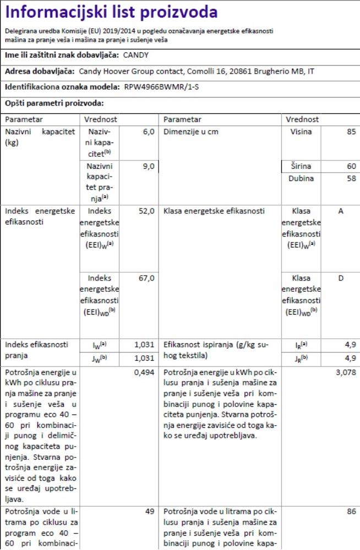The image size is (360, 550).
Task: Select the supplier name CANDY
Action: click(x=135, y=56)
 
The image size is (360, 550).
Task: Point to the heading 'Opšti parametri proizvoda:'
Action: click(x=54, y=103)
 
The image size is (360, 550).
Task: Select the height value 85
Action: click(x=351, y=132)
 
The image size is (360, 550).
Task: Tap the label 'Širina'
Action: click(x=301, y=166)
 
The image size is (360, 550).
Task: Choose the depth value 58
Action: click(x=351, y=179)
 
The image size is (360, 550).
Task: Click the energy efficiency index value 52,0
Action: click(x=146, y=211)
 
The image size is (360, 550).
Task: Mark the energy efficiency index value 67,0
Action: click(x=146, y=278)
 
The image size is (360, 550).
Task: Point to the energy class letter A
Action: click(x=341, y=211)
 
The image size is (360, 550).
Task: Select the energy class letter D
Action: click(x=341, y=278)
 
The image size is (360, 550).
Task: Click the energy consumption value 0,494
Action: click(x=144, y=372)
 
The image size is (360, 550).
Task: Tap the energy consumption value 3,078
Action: click(x=346, y=372)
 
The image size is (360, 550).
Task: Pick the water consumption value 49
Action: click(x=149, y=512)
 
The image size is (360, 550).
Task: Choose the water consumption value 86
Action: click(x=351, y=512)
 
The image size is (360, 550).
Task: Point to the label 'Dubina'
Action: click(x=301, y=179)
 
